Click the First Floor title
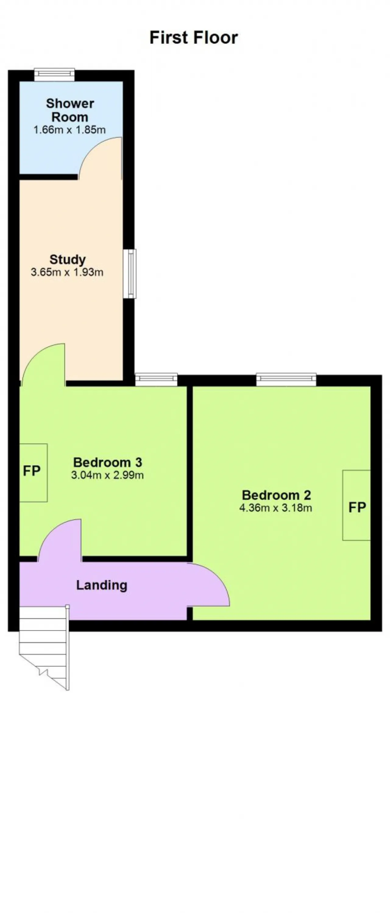pos(193,37)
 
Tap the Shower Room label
pos(70,110)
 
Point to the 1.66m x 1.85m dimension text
pos(69,130)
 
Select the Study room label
pos(67,259)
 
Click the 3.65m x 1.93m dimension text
pos(67,272)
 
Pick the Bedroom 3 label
pos(108,462)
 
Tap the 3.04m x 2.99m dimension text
pos(108,475)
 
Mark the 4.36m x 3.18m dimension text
pos(276,508)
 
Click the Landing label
pos(102,585)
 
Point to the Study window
pos(130,273)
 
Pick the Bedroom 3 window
pos(156,379)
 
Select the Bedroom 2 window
pos(286,379)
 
